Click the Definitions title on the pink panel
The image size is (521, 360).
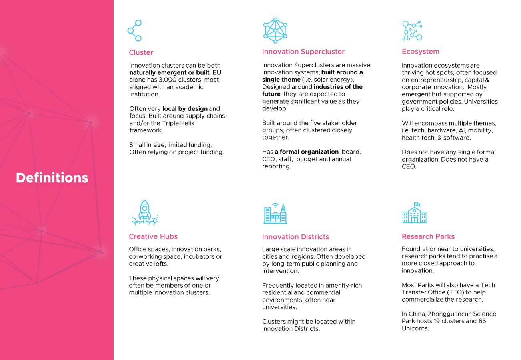coord(52,178)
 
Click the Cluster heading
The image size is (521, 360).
coord(141,52)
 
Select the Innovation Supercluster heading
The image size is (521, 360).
coord(303,52)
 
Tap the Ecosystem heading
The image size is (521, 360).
coord(420,51)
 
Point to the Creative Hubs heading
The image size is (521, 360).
coord(153,236)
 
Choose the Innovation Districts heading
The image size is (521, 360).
coord(295,237)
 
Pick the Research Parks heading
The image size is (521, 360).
coord(428,236)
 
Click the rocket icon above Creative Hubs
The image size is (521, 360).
coord(144,213)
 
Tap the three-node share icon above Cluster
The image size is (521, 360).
coord(135,30)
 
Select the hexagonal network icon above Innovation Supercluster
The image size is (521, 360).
coord(275,30)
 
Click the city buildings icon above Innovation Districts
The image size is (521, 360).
coord(275,214)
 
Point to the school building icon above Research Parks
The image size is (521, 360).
coord(414,213)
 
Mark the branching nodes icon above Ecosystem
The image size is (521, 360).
coord(412,30)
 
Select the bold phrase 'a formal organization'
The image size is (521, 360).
coord(306,152)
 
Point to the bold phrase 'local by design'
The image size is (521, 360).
coord(185,109)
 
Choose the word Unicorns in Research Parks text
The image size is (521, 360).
coord(415,328)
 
